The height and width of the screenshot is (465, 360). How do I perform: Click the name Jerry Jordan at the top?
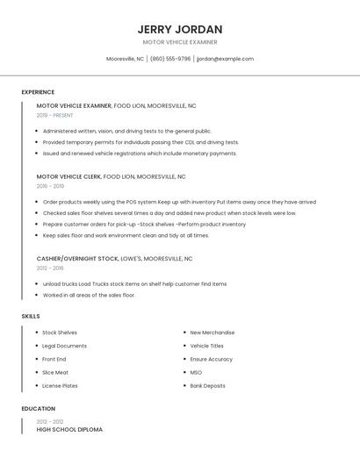pyautogui.click(x=180, y=29)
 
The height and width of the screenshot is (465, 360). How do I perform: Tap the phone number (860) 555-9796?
pyautogui.click(x=170, y=59)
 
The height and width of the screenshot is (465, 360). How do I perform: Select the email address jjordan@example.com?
pyautogui.click(x=225, y=59)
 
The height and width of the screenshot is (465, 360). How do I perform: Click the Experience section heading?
pyautogui.click(x=38, y=92)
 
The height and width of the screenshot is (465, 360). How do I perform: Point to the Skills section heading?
pyautogui.click(x=31, y=316)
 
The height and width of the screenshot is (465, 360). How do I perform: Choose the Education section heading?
pyautogui.click(x=38, y=409)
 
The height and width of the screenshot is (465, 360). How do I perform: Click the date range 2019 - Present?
pyautogui.click(x=55, y=115)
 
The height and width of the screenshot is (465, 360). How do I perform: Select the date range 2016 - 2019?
pyautogui.click(x=50, y=186)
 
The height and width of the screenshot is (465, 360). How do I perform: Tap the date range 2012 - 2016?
pyautogui.click(x=50, y=268)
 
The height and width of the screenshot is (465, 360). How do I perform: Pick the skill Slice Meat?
pyautogui.click(x=55, y=373)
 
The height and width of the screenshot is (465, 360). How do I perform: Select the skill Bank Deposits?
pyautogui.click(x=207, y=386)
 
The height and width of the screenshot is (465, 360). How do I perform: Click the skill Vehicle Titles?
pyautogui.click(x=206, y=346)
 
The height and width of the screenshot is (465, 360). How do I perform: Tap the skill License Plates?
pyautogui.click(x=60, y=386)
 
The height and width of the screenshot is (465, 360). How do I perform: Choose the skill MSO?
pyautogui.click(x=196, y=373)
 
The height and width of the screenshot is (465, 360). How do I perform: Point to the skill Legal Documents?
pyautogui.click(x=64, y=346)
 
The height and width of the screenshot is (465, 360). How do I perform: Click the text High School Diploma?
pyautogui.click(x=69, y=430)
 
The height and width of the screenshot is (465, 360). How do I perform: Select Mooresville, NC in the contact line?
pyautogui.click(x=125, y=59)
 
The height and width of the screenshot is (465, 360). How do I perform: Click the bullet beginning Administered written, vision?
pyautogui.click(x=126, y=131)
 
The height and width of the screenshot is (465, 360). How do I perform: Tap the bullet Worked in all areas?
pyautogui.click(x=89, y=296)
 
